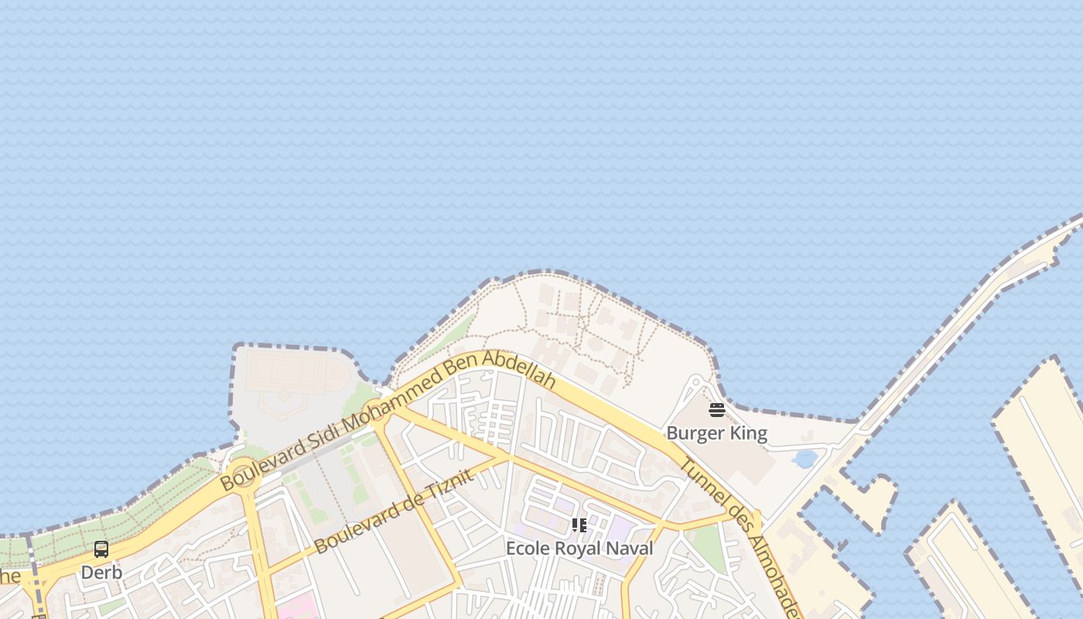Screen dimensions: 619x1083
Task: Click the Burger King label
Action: pos(716,433)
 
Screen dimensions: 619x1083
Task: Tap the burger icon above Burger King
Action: pos(717,410)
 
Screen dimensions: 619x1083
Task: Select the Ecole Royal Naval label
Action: pos(579,549)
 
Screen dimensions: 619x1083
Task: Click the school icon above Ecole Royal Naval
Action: pos(579,526)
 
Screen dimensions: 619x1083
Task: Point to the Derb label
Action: pos(101,573)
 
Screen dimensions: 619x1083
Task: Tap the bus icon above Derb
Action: pos(101,549)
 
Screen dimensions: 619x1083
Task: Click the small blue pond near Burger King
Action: pos(805,460)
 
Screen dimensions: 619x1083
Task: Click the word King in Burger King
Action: pos(746,433)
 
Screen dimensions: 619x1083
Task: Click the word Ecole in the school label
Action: pos(525,549)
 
